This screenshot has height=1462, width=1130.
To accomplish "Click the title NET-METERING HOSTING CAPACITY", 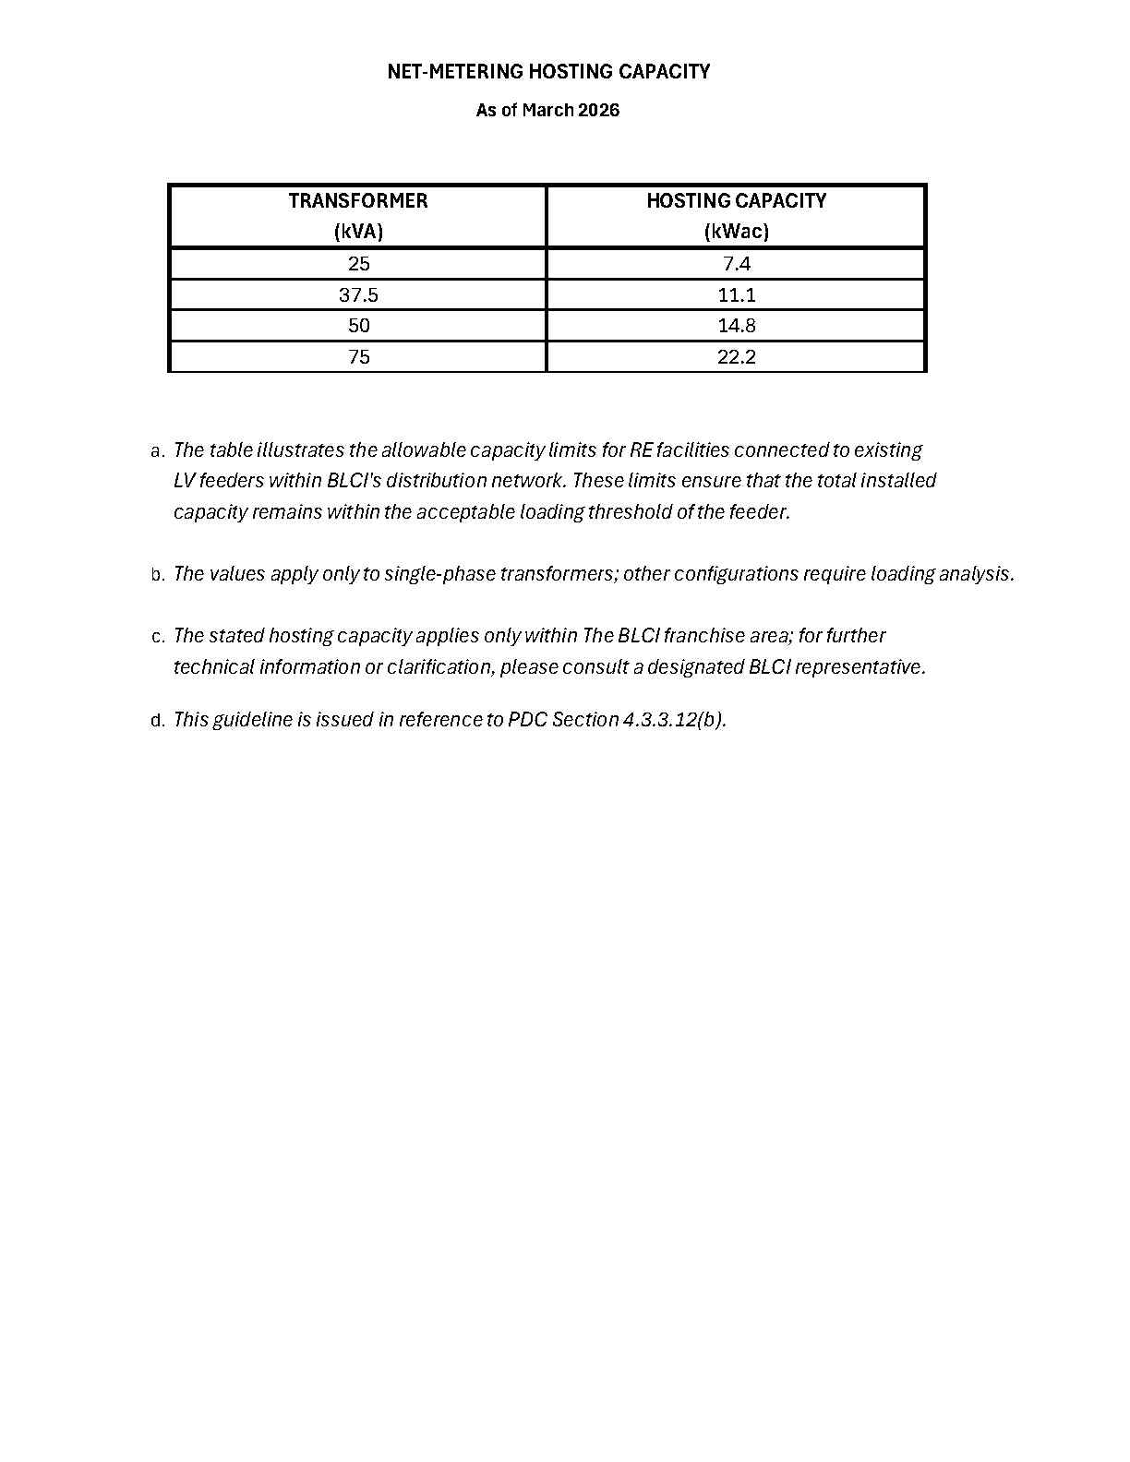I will pos(548,72).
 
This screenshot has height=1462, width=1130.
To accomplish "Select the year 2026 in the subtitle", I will pos(598,111).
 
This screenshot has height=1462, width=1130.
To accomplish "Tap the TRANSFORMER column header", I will pos(358,201).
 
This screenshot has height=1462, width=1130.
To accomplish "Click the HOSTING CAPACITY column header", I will pos(736,201).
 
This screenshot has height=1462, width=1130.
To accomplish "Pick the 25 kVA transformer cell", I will pos(358,264).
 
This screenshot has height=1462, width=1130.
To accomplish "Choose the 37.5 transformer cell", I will pos(358,295).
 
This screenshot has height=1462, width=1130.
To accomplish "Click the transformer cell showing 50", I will pos(358,326).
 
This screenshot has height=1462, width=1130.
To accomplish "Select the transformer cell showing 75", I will pos(358,357).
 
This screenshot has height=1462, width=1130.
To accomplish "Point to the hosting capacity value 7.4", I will pos(736,264).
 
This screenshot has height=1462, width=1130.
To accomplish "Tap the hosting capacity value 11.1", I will pos(736,295).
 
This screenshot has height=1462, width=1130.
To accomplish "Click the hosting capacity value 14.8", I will pos(736,326).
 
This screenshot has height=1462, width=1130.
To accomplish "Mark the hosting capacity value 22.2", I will pos(736,357).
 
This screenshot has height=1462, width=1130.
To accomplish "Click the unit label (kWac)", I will pos(736,232).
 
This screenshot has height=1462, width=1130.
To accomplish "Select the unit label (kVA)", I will pos(358,232).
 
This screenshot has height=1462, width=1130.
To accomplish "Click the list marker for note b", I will pos(157,575).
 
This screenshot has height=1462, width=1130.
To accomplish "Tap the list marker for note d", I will pos(157,721).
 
